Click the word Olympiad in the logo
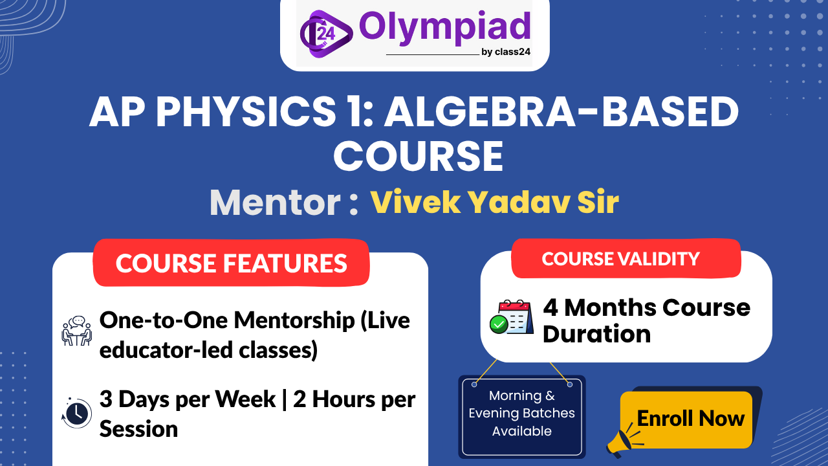444,27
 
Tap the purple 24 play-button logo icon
325,32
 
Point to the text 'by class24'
506,52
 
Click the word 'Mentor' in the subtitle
276,203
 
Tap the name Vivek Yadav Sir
494,203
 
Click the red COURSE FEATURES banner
231,263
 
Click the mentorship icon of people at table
76,331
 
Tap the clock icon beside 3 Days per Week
76,412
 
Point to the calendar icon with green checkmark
510,317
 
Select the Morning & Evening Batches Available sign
521,414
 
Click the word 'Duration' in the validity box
596,334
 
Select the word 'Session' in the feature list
138,428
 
